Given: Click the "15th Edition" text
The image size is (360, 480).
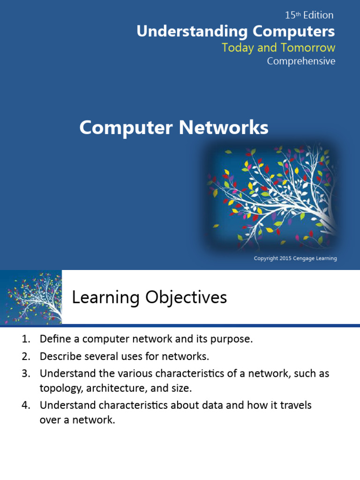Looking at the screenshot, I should [x=309, y=15].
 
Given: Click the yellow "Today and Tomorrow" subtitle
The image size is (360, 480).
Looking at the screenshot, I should [x=278, y=47].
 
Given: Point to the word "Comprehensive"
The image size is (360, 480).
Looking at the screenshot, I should [x=301, y=61].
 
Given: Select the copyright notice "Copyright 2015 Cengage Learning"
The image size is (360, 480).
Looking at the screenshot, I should [x=295, y=258].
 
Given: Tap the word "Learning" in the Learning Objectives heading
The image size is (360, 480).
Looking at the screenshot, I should [x=105, y=298].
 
